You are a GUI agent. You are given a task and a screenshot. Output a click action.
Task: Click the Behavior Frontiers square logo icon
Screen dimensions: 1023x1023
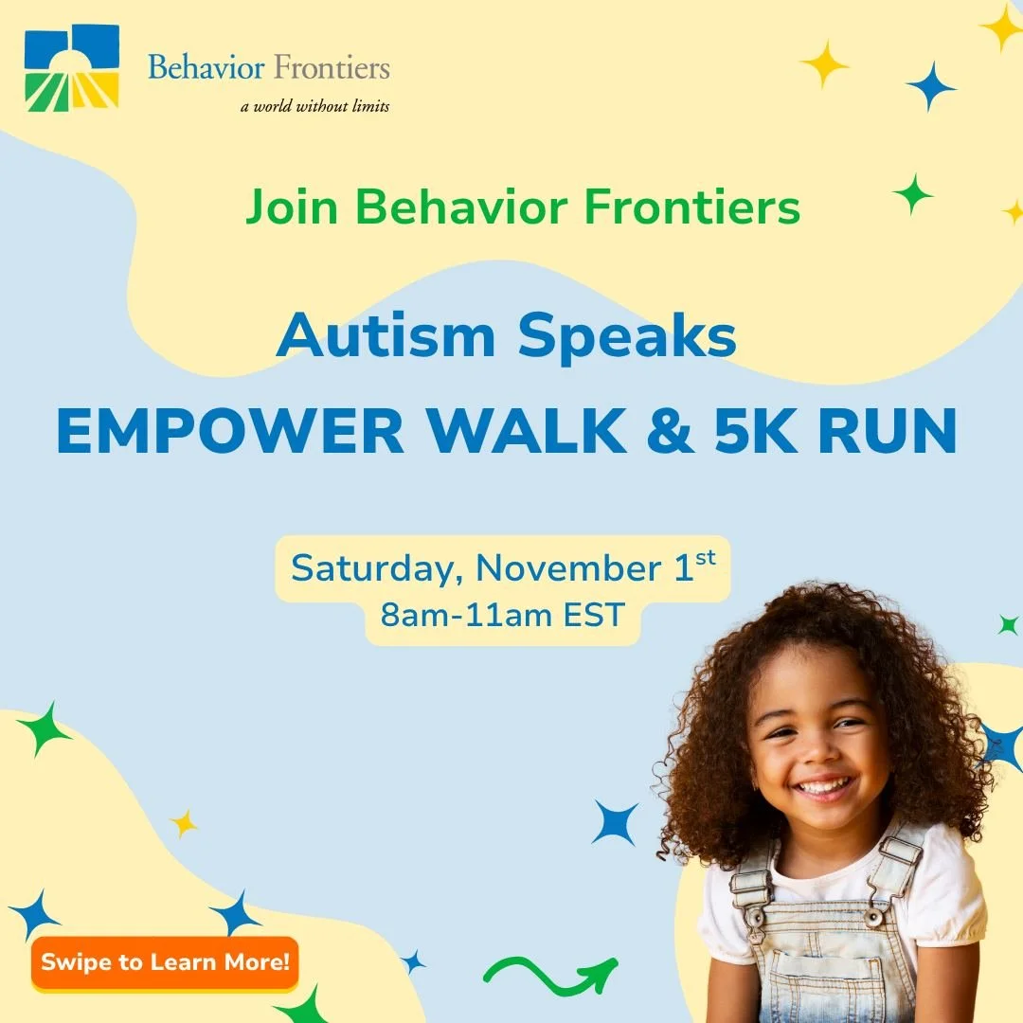tap(72, 67)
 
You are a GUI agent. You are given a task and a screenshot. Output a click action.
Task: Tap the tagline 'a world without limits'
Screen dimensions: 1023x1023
tap(314, 106)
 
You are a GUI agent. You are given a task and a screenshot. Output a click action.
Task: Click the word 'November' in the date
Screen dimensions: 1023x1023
tap(566, 569)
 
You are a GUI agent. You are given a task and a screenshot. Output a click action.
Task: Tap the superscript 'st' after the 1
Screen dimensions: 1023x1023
tap(706, 558)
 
